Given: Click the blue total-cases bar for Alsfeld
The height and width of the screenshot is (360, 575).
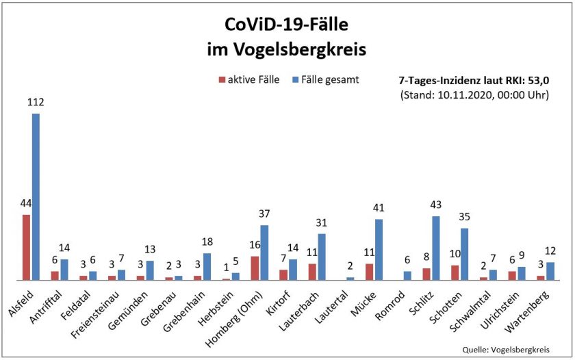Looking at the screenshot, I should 36,197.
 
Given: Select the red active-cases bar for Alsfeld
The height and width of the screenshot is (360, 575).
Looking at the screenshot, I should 26,247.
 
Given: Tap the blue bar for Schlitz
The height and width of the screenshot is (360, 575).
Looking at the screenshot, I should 435,248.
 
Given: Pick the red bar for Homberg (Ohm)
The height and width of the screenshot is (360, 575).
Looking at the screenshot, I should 255,268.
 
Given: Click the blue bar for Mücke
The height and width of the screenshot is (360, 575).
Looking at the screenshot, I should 379,249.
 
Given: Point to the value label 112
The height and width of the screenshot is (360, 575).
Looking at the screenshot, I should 36,103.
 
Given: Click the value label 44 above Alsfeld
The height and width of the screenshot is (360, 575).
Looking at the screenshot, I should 26,204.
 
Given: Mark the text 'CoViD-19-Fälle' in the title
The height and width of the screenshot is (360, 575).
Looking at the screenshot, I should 287,25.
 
